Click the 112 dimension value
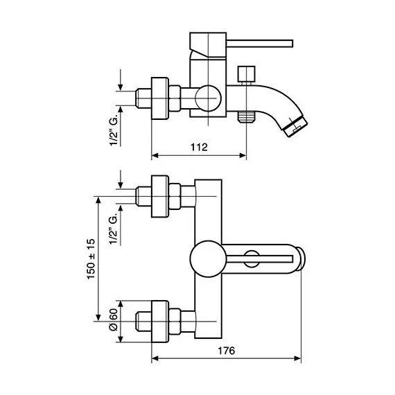click(x=200, y=147)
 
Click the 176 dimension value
click(x=226, y=351)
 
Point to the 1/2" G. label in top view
click(x=112, y=227)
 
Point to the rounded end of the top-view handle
click(x=302, y=261)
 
